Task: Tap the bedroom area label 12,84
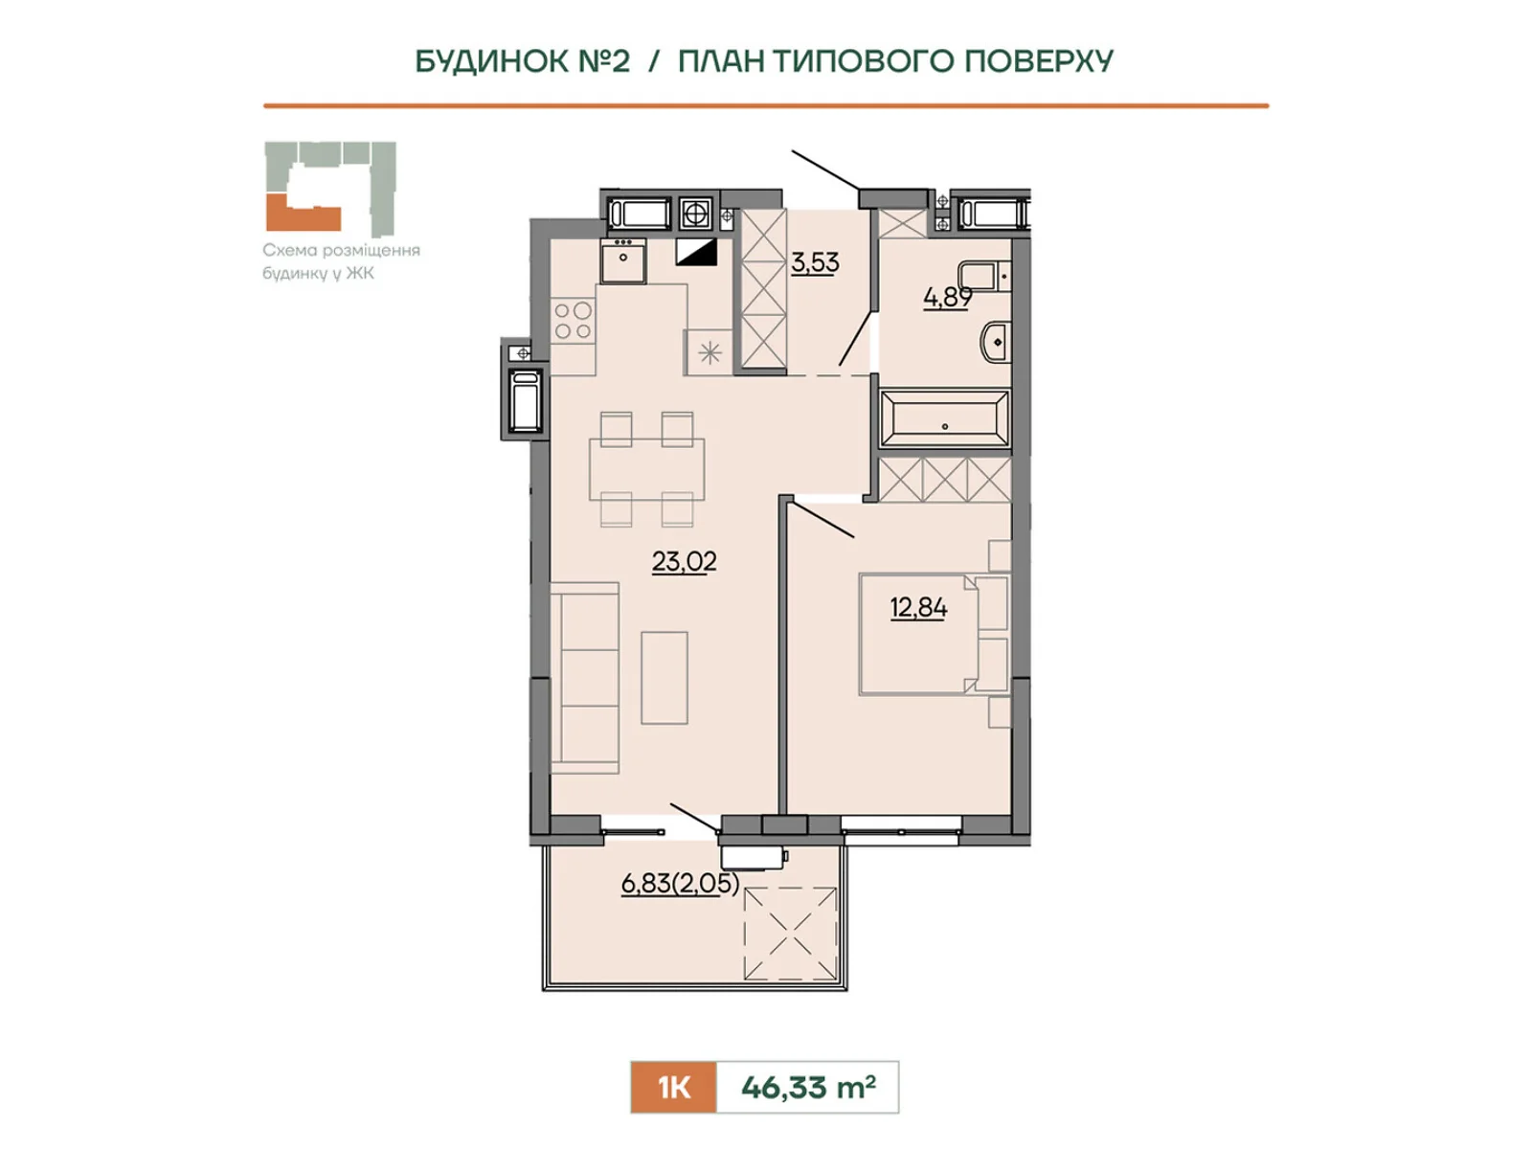[x=918, y=608]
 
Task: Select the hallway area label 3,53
[x=815, y=263]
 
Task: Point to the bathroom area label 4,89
[x=947, y=298]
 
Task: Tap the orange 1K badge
[x=673, y=1087]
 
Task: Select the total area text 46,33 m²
[x=808, y=1087]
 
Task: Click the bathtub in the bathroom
[x=944, y=417]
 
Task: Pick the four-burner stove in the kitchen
[x=573, y=320]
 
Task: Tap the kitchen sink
[x=623, y=260]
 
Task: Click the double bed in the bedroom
[x=935, y=634]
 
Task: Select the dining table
[x=646, y=469]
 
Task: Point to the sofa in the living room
[x=585, y=678]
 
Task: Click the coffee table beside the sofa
[x=665, y=677]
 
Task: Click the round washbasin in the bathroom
[x=996, y=343]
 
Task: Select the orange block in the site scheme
[x=303, y=214]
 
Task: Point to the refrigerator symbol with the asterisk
[x=710, y=353]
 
